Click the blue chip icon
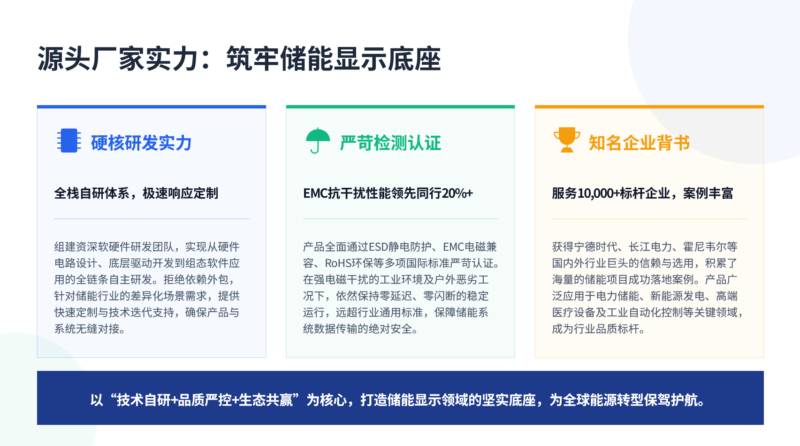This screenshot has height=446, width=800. (x=69, y=140)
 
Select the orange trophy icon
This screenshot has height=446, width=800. (x=567, y=140)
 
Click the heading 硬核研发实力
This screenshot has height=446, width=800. (x=141, y=143)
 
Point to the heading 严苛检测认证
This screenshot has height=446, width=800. (x=390, y=143)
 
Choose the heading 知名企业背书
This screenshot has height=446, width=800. (x=639, y=143)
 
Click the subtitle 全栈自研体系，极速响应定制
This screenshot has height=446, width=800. (x=136, y=193)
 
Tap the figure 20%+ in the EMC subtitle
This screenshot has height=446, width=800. (x=457, y=193)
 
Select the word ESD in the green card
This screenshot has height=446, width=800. (x=379, y=246)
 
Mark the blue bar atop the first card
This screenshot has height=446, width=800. (x=152, y=107)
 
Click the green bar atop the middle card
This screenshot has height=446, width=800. (x=400, y=107)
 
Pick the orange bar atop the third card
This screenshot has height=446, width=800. (x=649, y=107)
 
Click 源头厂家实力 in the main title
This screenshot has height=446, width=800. (x=118, y=59)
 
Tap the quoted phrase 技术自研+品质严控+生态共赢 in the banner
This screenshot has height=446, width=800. (x=205, y=400)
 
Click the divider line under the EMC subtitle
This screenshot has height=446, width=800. (x=400, y=219)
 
